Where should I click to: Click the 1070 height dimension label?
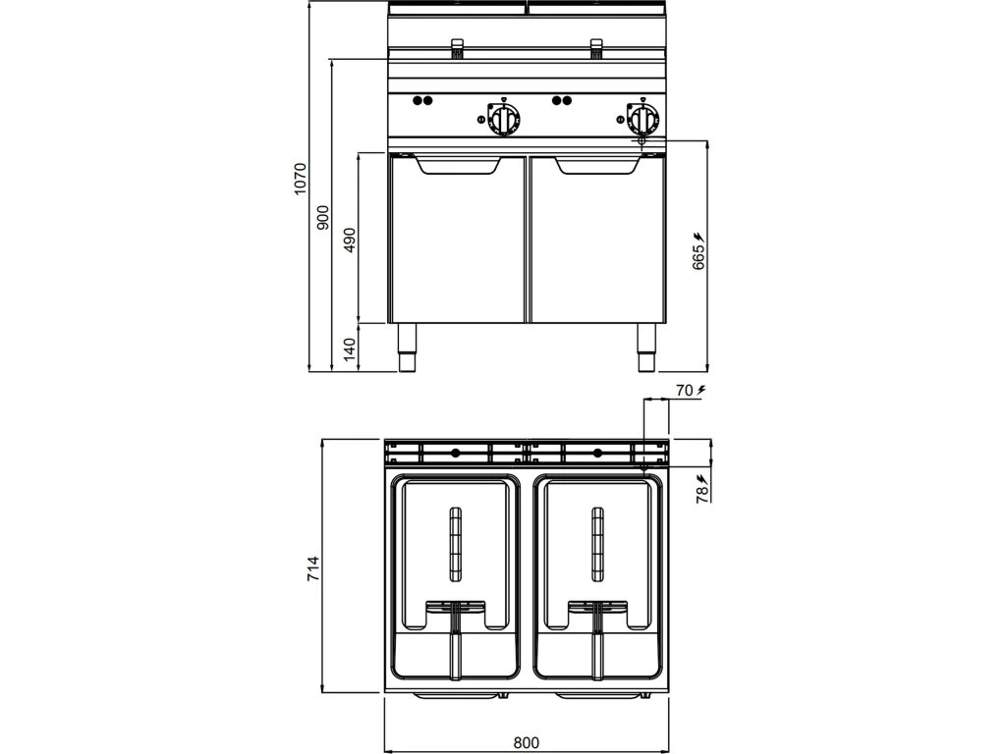302,180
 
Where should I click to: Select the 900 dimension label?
322,218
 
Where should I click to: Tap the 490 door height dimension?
350,239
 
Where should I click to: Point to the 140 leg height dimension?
350,347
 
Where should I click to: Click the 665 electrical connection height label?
698,257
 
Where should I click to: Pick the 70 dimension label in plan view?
684,391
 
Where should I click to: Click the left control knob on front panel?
504,120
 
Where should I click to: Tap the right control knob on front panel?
643,120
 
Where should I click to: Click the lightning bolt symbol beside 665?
699,237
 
